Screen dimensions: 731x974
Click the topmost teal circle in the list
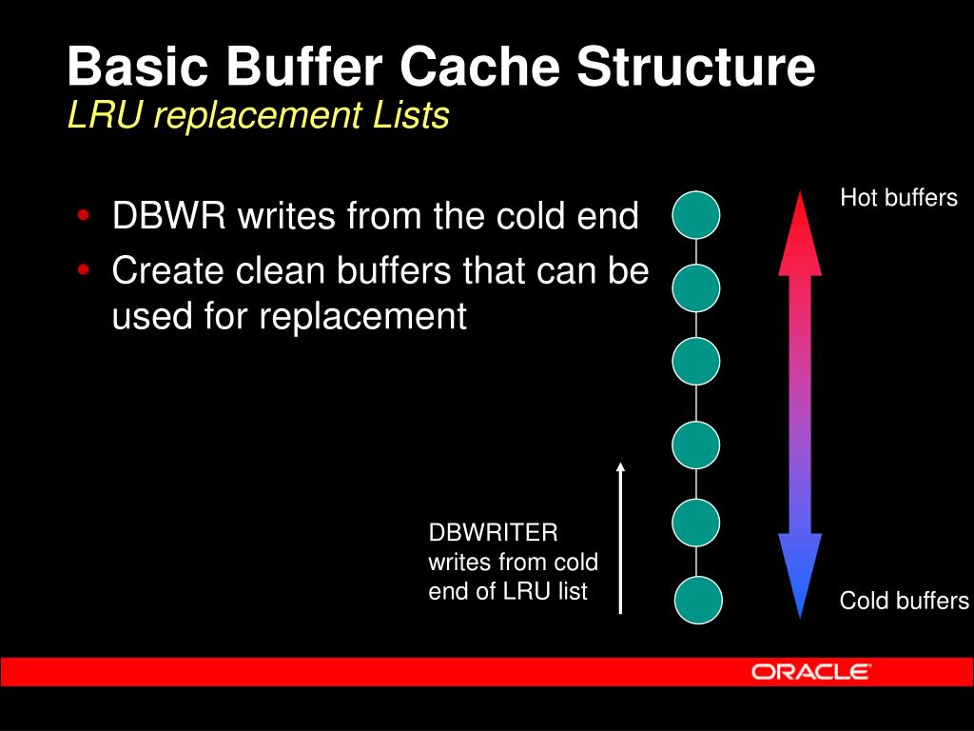(696, 214)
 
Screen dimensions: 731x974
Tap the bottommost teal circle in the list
(699, 601)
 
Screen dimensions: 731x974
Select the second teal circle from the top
(696, 289)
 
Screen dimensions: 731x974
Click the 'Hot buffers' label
(899, 198)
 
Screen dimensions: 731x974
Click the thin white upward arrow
(620, 538)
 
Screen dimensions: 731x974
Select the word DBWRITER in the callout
(493, 530)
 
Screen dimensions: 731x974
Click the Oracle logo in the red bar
(810, 672)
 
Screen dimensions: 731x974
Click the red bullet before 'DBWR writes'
(85, 215)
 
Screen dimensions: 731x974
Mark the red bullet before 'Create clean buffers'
(85, 270)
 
